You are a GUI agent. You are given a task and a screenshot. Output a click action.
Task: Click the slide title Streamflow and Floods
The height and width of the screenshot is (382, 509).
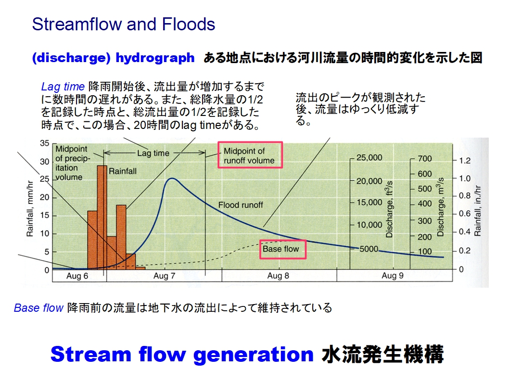[x=123, y=25]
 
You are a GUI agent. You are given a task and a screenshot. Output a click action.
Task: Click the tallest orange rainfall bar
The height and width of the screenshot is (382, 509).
[x=102, y=217]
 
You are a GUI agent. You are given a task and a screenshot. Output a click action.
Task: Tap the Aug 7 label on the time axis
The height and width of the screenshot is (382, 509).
[x=164, y=276]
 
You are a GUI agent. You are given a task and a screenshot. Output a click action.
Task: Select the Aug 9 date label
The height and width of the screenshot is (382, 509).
[x=393, y=276]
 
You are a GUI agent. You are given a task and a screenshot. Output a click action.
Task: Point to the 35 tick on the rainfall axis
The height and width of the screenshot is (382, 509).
[x=45, y=143]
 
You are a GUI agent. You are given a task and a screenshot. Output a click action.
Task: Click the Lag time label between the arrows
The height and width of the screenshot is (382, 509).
[x=153, y=153]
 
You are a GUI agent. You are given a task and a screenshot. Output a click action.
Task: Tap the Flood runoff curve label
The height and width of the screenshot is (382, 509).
[x=241, y=205]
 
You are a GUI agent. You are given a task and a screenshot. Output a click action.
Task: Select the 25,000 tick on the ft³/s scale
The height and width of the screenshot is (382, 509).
[x=369, y=158]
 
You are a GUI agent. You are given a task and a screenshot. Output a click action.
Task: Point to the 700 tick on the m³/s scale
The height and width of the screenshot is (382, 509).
[x=425, y=158]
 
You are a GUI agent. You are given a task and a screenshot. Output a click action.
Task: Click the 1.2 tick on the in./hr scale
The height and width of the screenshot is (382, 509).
[x=465, y=161]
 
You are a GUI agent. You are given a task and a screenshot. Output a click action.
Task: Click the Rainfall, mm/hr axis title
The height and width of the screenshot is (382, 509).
[x=30, y=209]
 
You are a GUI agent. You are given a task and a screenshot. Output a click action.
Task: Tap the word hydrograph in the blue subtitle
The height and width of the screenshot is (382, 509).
[x=155, y=58]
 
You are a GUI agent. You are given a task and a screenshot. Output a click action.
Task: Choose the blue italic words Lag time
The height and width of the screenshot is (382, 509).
[x=63, y=87]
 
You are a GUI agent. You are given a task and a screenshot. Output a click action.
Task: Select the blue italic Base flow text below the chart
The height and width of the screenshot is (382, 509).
[x=38, y=308]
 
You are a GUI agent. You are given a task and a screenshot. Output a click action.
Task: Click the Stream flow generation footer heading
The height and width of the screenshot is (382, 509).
[x=182, y=354]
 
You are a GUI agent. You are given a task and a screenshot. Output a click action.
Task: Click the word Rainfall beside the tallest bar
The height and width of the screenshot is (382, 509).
[x=122, y=171]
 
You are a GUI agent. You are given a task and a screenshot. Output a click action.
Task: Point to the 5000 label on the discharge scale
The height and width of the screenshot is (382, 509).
[x=369, y=249]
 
